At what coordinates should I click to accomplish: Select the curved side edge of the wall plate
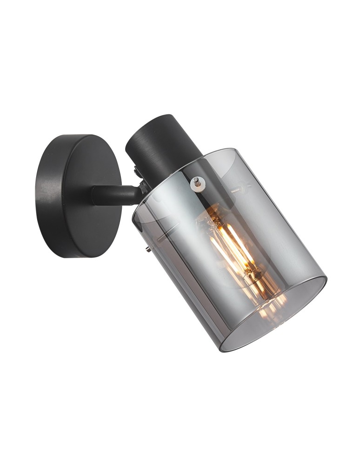[47, 195]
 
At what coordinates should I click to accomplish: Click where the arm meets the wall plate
[96, 195]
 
